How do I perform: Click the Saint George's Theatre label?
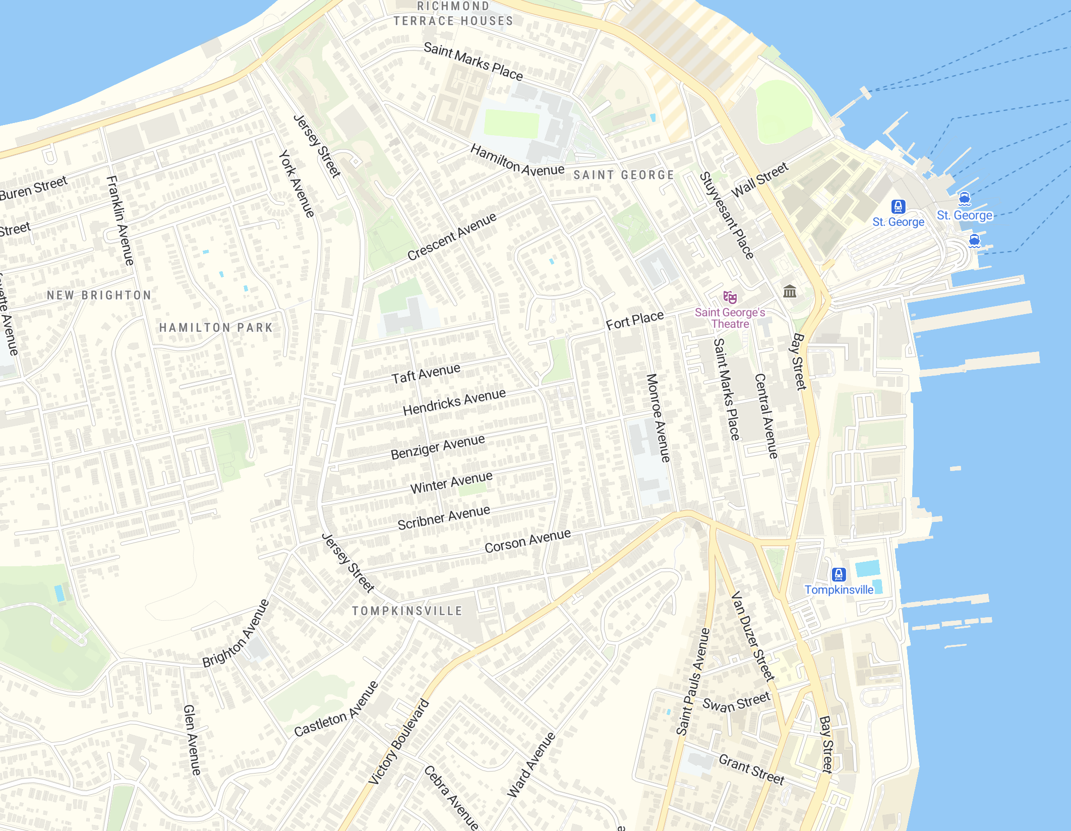point(730,318)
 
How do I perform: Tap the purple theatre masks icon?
point(730,298)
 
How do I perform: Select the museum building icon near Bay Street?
point(790,291)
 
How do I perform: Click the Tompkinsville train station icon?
point(839,574)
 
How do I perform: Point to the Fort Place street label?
point(634,320)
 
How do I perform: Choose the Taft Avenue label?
point(426,374)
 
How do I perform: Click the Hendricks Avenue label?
point(454,402)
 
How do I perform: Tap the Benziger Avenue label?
point(438,447)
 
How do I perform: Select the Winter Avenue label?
point(451,483)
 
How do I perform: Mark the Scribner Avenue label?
point(444,518)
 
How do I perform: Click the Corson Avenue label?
point(527,541)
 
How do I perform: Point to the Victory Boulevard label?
point(398,742)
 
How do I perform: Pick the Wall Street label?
point(759,180)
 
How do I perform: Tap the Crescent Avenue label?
point(452,236)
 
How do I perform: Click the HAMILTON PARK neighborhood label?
point(216,328)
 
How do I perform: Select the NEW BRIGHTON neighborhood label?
point(99,295)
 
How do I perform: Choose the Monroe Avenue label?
point(659,418)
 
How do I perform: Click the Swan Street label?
point(736,702)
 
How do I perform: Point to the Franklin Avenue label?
point(121,220)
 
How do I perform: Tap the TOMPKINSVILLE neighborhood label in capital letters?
point(407,611)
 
